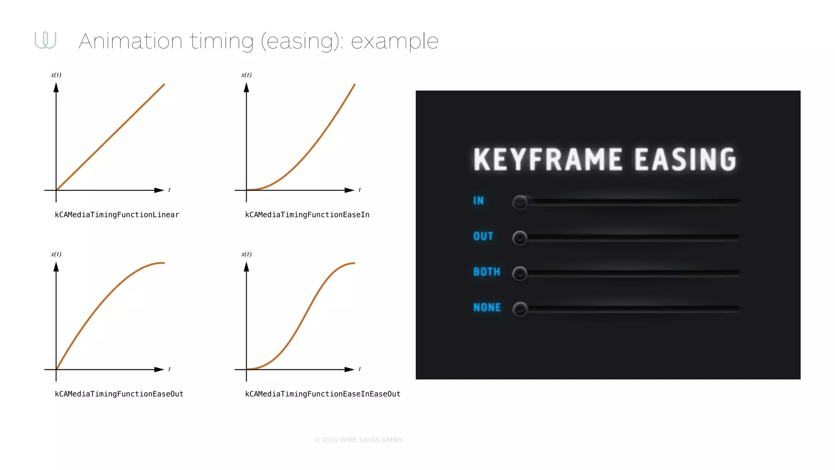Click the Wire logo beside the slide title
[x=45, y=40]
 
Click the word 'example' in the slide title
[x=394, y=41]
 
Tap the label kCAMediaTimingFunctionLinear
[x=117, y=215]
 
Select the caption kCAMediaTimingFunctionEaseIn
[x=307, y=215]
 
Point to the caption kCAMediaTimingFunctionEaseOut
[x=119, y=394]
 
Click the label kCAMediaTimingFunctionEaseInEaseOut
[x=323, y=394]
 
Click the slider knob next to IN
[x=520, y=202]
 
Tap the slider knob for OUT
[x=520, y=237]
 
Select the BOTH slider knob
[x=520, y=273]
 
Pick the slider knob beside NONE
[x=520, y=309]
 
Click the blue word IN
[x=478, y=201]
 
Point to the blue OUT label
[x=483, y=236]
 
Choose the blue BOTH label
[x=486, y=272]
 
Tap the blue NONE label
[x=487, y=307]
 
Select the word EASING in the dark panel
[x=685, y=159]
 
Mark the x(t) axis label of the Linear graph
[x=56, y=75]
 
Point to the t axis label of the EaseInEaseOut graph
[x=360, y=369]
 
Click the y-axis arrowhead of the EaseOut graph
[x=56, y=267]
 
